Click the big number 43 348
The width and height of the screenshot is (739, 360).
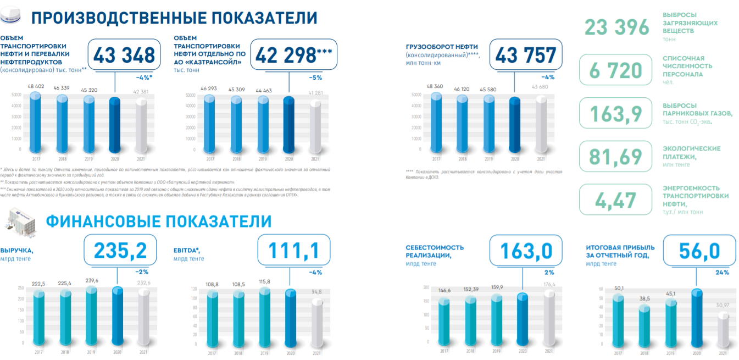(x=124, y=56)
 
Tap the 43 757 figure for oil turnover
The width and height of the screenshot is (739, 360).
(x=526, y=56)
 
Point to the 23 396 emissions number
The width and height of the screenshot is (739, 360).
(x=616, y=27)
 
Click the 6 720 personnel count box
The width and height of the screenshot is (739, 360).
(x=616, y=70)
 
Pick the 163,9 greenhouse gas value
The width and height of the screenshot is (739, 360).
(x=616, y=113)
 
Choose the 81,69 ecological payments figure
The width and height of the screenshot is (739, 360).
(x=616, y=157)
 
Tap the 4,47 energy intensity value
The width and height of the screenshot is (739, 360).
(x=616, y=200)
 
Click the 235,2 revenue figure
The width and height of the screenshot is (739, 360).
(x=121, y=250)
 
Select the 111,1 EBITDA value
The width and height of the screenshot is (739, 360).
(x=294, y=250)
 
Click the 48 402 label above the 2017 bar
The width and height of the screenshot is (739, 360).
(x=35, y=86)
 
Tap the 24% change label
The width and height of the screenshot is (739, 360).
(x=722, y=272)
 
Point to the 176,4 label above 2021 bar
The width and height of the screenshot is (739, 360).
(x=549, y=285)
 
